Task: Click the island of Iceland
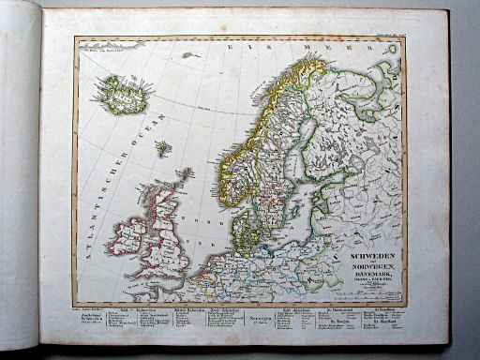click(x=120, y=94)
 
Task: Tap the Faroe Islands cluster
click(x=163, y=147)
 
